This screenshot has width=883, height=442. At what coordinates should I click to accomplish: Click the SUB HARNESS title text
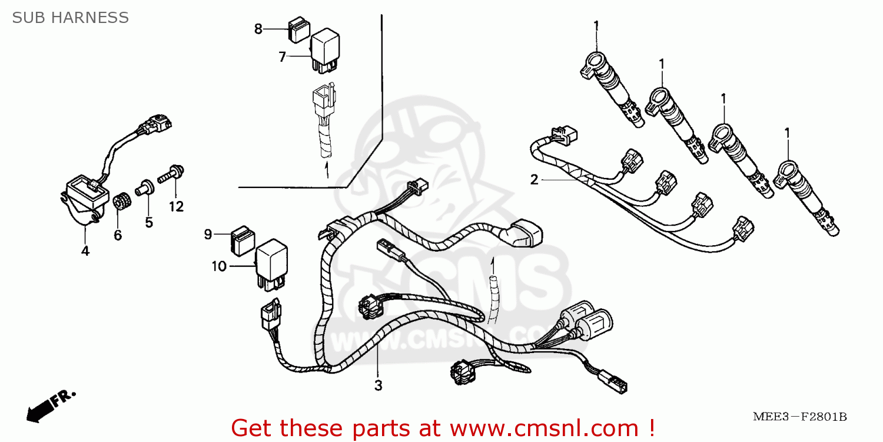coord(70,18)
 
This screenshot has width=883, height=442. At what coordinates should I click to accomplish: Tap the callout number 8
coord(258,29)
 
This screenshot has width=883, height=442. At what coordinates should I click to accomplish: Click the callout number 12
coord(176,206)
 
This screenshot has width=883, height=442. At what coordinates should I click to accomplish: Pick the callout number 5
coord(149,222)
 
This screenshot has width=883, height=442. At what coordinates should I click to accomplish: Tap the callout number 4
coord(85,251)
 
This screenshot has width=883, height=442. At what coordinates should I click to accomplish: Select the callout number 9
coord(208,235)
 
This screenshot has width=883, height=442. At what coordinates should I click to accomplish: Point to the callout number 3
coord(378,386)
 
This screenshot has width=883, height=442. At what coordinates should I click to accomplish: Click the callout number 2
coord(534,180)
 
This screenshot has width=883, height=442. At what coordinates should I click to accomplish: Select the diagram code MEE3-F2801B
coord(799,417)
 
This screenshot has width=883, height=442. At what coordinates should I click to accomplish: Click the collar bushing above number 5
coord(143,189)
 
